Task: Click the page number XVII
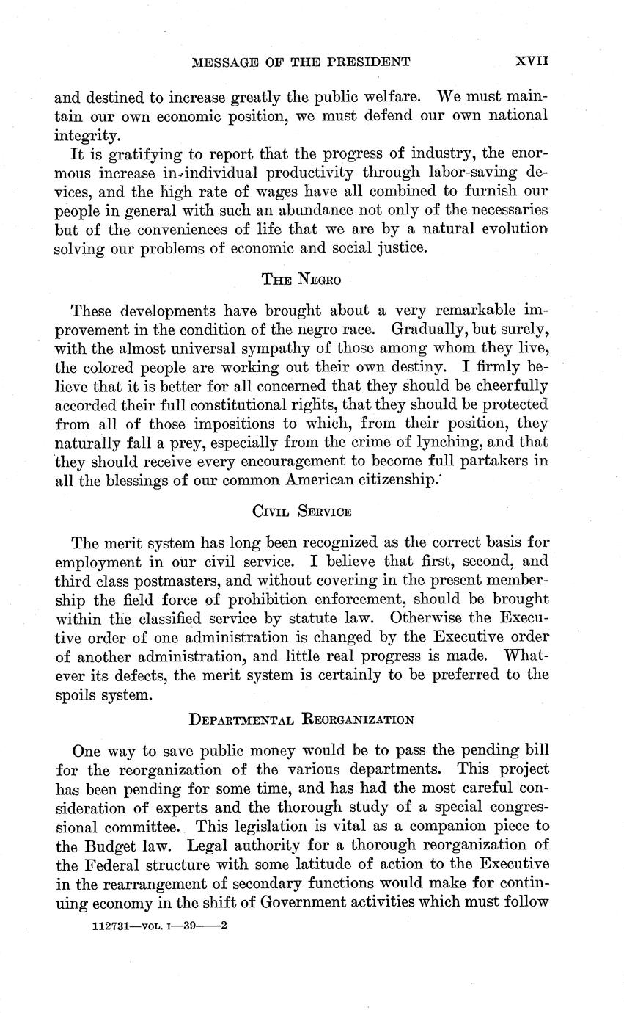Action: pyautogui.click(x=532, y=62)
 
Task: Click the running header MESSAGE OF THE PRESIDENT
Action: pyautogui.click(x=300, y=62)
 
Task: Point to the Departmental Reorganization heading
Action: pyautogui.click(x=301, y=719)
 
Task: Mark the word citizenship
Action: pyautogui.click(x=430, y=481)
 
